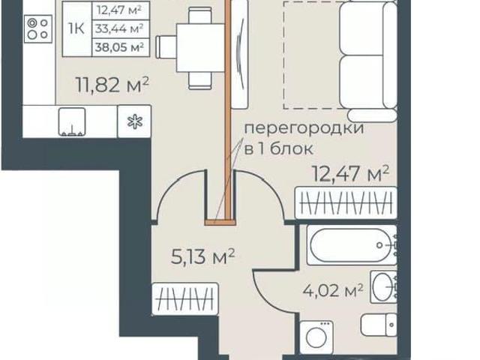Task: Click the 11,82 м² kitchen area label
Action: click(112, 85)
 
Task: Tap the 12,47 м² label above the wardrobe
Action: click(350, 173)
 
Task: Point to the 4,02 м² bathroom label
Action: click(333, 290)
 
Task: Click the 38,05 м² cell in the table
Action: click(120, 47)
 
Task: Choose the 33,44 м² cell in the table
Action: click(120, 28)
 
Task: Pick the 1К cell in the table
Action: click(76, 28)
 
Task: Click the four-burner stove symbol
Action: click(38, 28)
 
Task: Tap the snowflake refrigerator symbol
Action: click(135, 121)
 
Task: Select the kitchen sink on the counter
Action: click(72, 121)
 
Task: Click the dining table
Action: click(201, 48)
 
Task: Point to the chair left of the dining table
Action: click(166, 47)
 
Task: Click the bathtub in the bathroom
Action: click(352, 245)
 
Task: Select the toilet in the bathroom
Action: click(379, 325)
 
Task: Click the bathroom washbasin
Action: click(383, 286)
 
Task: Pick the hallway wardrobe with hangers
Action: click(185, 299)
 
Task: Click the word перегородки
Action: click(304, 128)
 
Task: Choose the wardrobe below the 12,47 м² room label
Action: click(346, 203)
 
